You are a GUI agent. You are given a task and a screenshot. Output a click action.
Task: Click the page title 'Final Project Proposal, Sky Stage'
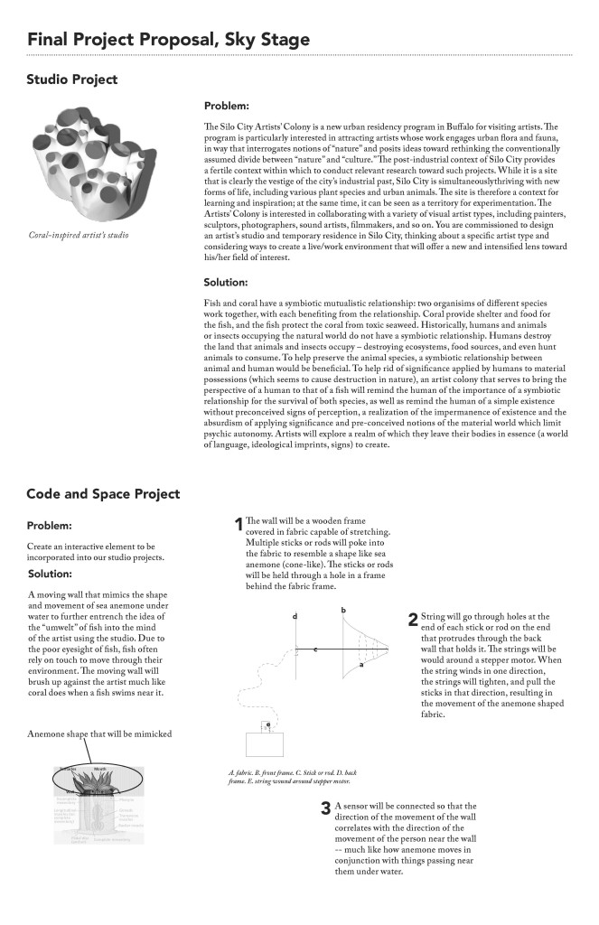click(x=168, y=40)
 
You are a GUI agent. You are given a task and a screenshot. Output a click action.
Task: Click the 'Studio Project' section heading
click(x=72, y=80)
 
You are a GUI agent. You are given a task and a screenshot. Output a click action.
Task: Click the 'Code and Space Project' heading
click(x=103, y=494)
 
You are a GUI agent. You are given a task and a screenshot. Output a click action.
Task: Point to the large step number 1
click(x=239, y=524)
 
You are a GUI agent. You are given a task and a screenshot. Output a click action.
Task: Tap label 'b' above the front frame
click(x=343, y=612)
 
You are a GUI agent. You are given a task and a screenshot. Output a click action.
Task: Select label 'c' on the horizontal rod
click(x=314, y=649)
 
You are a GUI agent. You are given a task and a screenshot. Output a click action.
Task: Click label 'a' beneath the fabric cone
click(x=361, y=664)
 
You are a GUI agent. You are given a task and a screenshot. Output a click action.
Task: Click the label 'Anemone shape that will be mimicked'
click(x=99, y=733)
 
